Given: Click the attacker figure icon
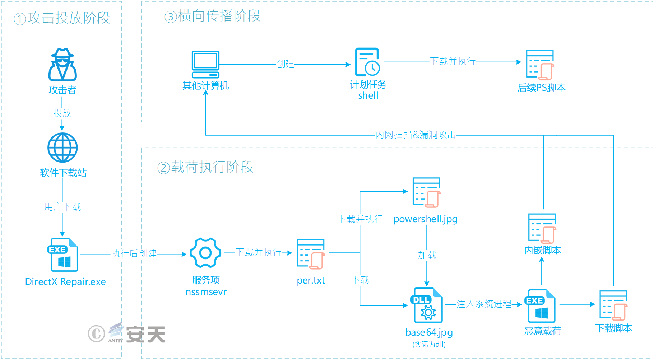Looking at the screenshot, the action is tap(62, 65).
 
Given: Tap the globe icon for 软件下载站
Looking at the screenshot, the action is tap(62, 148).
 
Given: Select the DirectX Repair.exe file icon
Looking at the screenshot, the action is tap(63, 254).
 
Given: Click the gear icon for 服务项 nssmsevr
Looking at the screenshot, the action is tap(205, 253).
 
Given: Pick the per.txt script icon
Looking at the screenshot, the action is tap(311, 254).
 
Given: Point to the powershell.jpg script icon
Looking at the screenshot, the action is tap(427, 192).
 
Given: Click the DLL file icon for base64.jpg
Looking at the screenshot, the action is tap(426, 305).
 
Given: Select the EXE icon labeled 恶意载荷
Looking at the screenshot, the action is tap(540, 306).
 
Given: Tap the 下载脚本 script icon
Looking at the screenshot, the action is tap(613, 305).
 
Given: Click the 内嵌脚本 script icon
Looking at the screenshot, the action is tap(542, 229).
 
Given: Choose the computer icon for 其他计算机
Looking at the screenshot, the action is tap(205, 65).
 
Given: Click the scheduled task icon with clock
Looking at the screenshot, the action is tap(367, 62).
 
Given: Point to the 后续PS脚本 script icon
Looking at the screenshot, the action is tap(540, 65).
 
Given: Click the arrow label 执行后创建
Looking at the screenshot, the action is tap(134, 254).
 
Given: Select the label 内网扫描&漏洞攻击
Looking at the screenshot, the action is tap(416, 135).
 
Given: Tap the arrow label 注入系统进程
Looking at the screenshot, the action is tap(484, 304).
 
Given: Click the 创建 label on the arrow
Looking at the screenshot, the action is tap(286, 64).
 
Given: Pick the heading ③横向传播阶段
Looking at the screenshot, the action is tap(213, 16).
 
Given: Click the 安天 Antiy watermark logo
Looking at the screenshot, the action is tap(127, 333).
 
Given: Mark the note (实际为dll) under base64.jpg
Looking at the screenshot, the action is tap(429, 345).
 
